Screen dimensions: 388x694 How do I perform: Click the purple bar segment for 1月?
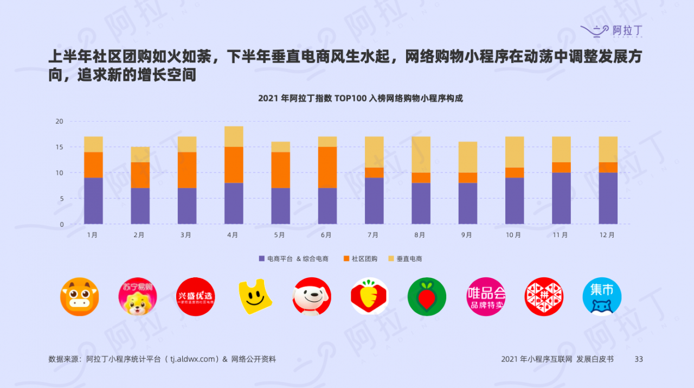click(93, 201)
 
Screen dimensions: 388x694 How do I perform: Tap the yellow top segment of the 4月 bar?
click(234, 136)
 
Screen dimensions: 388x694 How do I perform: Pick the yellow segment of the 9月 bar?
click(468, 157)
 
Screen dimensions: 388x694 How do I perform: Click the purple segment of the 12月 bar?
click(608, 198)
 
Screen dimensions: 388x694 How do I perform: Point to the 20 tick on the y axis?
click(59, 121)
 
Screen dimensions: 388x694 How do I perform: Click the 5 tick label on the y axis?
click(61, 199)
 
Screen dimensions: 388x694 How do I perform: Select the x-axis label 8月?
click(420, 235)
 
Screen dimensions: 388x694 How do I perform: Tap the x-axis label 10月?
click(513, 235)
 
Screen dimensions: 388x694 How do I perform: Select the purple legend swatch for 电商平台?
click(262, 259)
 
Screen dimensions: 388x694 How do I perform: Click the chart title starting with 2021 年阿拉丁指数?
click(360, 98)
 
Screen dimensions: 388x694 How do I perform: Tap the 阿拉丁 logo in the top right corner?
click(612, 30)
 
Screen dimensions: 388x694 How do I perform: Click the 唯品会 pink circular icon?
click(486, 297)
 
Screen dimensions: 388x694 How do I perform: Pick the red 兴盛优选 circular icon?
click(195, 297)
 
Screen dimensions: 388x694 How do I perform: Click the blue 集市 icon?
click(602, 297)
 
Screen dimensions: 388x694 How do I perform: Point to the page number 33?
click(638, 359)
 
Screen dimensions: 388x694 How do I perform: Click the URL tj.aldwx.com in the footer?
click(194, 359)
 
